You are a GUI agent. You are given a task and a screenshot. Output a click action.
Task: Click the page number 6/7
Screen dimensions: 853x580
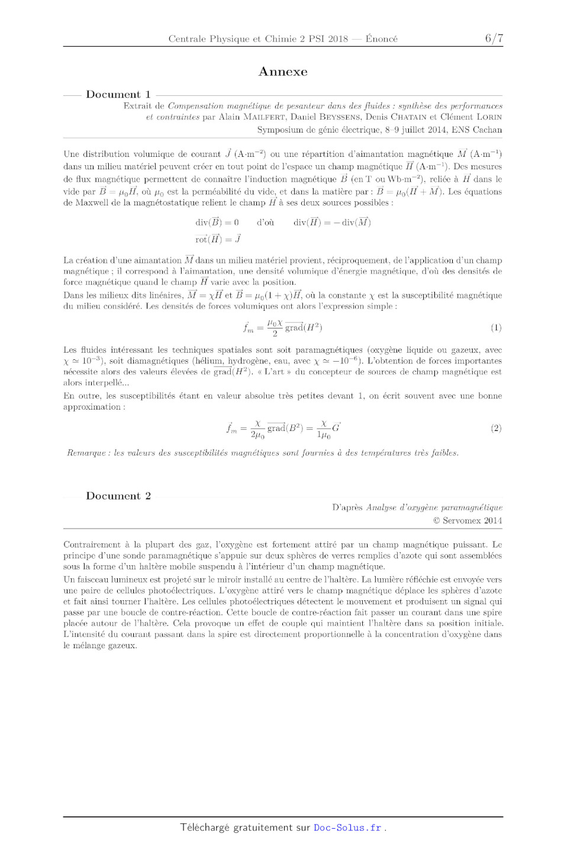tap(494, 38)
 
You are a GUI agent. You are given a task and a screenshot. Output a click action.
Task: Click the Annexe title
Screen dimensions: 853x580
tap(283, 72)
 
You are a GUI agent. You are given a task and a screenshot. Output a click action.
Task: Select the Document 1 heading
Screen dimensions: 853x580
tap(118, 94)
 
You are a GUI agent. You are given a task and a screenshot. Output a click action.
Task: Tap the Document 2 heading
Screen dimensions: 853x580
tap(118, 496)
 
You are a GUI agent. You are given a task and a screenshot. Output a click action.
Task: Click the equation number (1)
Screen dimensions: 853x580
tap(496, 327)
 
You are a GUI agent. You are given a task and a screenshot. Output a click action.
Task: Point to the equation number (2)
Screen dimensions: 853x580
tap(496, 428)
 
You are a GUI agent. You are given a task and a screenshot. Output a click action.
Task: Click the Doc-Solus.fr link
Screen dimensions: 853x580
tap(347, 828)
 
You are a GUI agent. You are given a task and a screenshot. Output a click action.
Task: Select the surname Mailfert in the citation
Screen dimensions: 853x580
tap(265, 117)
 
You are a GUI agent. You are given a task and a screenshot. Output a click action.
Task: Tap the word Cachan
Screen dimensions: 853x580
tap(488, 130)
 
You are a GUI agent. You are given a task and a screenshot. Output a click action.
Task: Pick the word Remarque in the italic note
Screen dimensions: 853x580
tap(86, 453)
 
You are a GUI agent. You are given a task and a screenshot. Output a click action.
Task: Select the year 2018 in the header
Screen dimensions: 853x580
tap(338, 39)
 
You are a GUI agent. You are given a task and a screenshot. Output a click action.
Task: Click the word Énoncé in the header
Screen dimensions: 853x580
tap(382, 39)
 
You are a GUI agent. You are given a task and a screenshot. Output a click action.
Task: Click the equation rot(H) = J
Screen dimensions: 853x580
tap(218, 239)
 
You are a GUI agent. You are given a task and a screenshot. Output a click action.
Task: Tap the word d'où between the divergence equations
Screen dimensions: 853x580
tap(265, 223)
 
